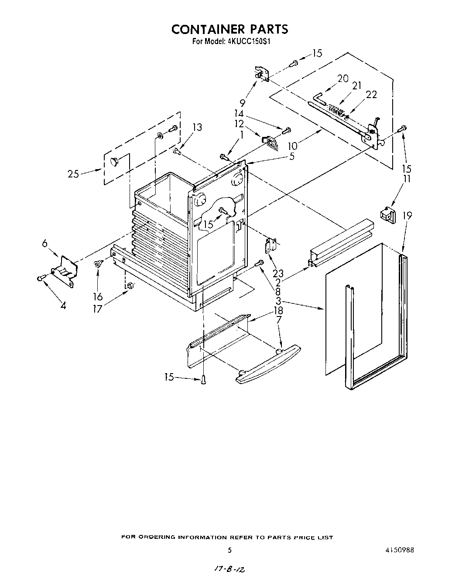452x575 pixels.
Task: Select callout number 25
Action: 73,174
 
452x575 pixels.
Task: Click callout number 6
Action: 45,243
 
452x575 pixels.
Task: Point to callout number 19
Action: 407,215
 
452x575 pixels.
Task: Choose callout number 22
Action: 371,95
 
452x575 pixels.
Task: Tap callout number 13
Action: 197,127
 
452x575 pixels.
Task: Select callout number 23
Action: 278,274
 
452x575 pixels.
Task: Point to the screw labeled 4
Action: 40,278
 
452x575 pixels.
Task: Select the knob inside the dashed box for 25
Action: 114,162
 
